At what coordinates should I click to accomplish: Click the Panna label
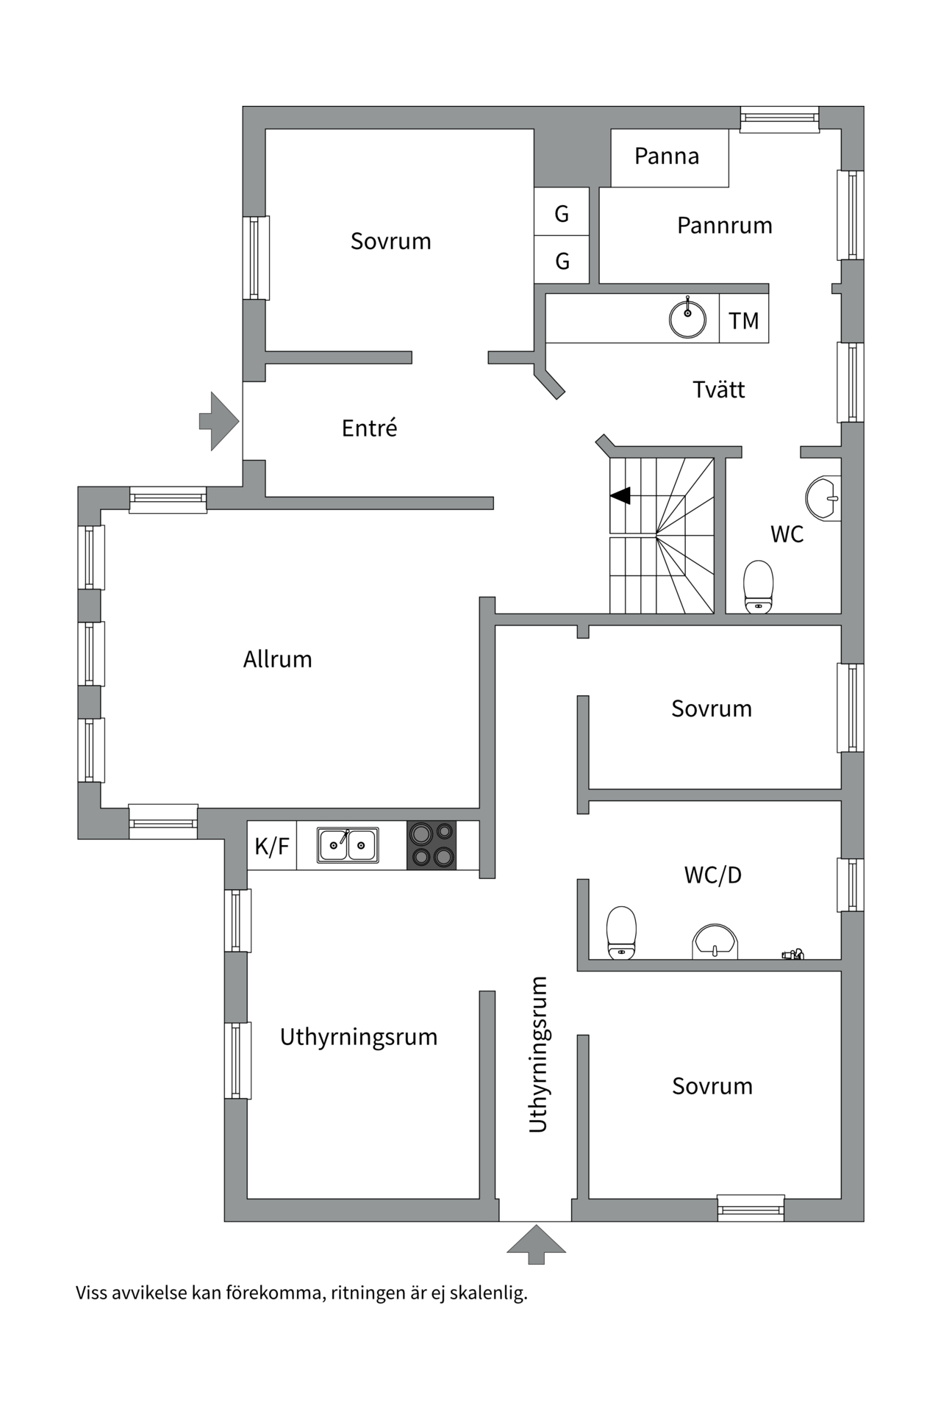pos(666,156)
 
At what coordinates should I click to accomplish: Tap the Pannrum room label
pos(724,225)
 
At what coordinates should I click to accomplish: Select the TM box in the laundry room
pos(743,320)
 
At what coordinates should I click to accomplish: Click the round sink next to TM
pos(687,318)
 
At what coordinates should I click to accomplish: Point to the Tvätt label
pos(718,389)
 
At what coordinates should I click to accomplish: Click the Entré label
pos(369,428)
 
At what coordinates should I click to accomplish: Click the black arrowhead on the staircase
pos(621,496)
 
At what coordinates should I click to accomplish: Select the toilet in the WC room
pos(759,586)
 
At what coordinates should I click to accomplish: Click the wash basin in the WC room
pos(823,498)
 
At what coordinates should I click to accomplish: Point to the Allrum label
pos(277,658)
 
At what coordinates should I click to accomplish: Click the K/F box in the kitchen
pos(272,846)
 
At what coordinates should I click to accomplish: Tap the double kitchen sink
pos(348,845)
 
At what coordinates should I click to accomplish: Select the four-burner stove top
pos(432,845)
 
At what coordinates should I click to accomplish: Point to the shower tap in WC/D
pos(793,954)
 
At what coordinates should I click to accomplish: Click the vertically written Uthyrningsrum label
pos(538,1054)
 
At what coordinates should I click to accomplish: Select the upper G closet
pos(562,213)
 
